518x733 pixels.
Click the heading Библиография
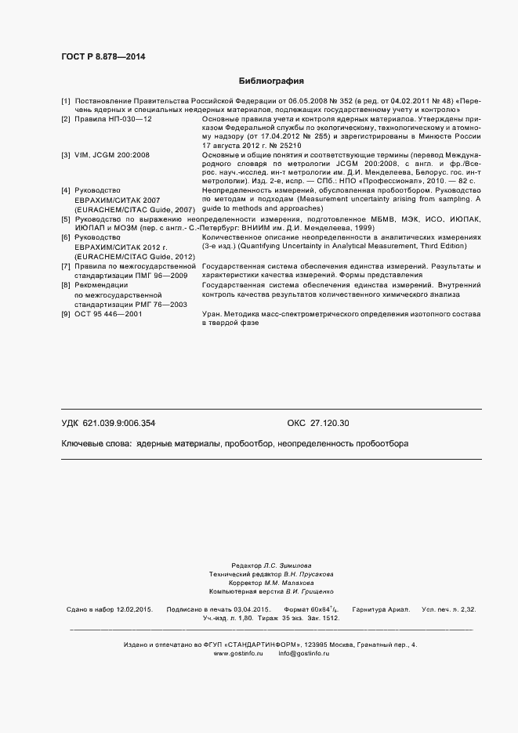click(x=271, y=81)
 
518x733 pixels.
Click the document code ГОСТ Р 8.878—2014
click(x=103, y=56)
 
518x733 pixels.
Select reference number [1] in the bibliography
click(x=66, y=102)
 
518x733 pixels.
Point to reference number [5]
click(x=66, y=220)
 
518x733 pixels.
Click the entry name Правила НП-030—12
click(x=112, y=118)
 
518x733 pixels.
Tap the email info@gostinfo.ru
click(x=305, y=654)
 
